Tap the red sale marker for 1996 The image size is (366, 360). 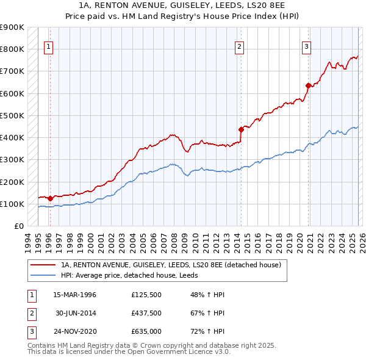point(50,198)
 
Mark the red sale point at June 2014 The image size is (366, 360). point(241,129)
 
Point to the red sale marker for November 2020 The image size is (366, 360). point(308,85)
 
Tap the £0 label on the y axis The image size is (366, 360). point(18,226)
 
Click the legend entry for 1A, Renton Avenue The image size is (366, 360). point(170,265)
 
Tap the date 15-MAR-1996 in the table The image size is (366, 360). point(74,295)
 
